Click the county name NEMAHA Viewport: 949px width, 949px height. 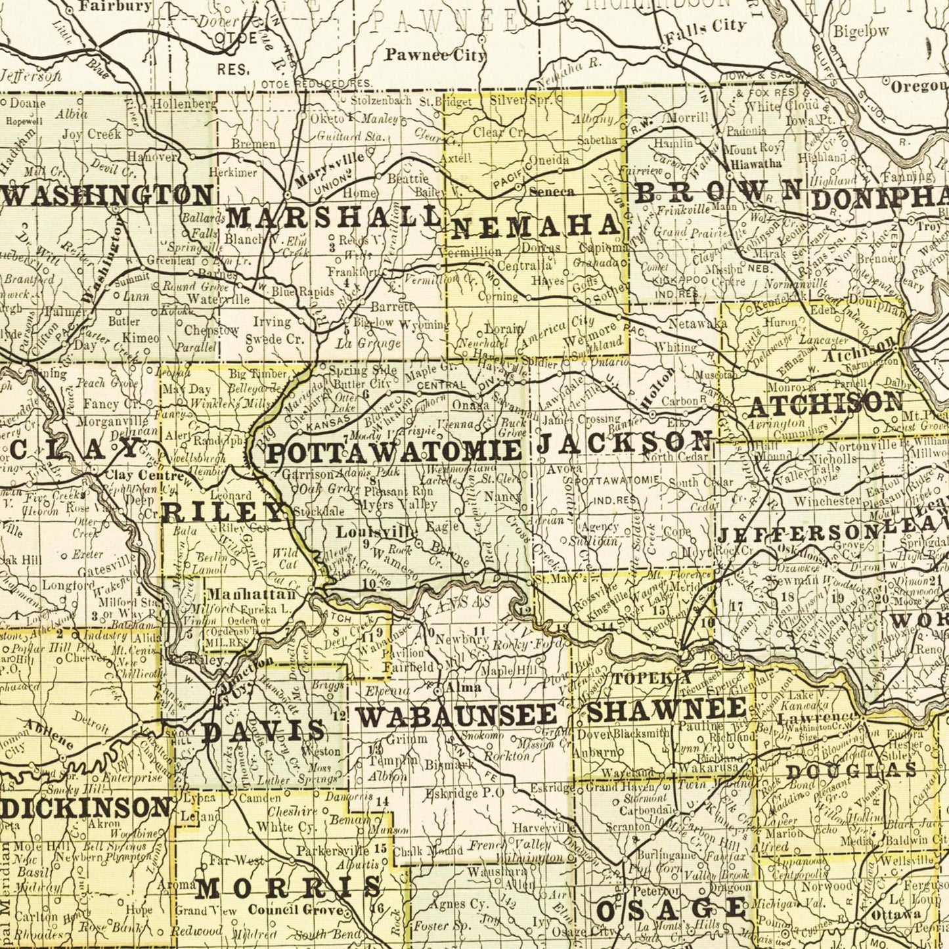(536, 227)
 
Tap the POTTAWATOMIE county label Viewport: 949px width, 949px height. (395, 452)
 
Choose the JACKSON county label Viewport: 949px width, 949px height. (625, 442)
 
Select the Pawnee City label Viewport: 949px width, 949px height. (435, 55)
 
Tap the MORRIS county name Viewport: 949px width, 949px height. (288, 887)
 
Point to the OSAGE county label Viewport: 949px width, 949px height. (671, 910)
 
